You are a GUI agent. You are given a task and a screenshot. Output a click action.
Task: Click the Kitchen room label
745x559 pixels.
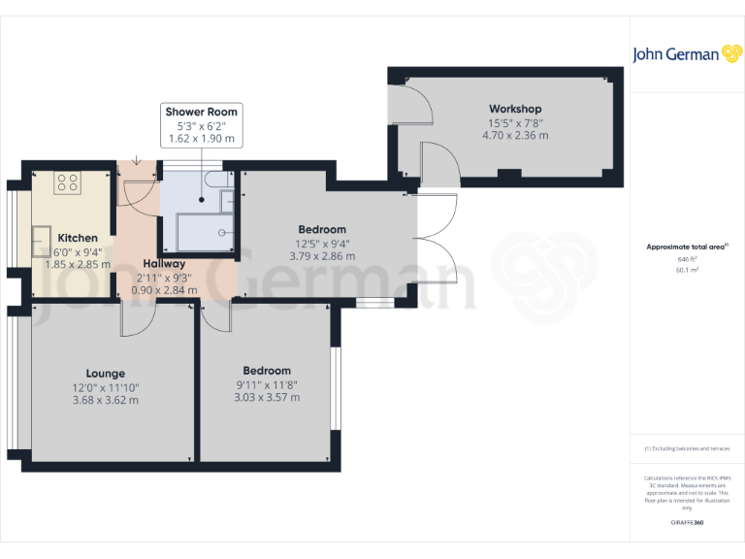[x=78, y=238]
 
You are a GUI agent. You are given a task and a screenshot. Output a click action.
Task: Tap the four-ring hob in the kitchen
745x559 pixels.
[x=68, y=181]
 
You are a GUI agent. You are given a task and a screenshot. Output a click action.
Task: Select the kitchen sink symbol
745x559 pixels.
[x=44, y=236]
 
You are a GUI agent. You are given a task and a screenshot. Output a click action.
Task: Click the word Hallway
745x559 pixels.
[x=164, y=263]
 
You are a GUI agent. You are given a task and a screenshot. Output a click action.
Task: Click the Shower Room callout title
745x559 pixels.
[x=201, y=112]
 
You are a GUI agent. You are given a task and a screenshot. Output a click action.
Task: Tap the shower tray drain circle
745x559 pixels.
[x=221, y=232]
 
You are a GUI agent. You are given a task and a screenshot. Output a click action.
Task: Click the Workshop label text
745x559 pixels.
[x=515, y=109]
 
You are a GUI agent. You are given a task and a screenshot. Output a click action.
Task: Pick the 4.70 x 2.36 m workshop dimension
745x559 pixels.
[x=515, y=135]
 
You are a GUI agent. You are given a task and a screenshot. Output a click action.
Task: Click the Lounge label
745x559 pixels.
[x=105, y=373]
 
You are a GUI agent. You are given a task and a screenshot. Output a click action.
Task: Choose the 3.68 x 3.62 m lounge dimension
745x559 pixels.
[x=105, y=399]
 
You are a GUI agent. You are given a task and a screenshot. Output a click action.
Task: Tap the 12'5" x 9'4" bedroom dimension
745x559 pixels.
[x=322, y=244]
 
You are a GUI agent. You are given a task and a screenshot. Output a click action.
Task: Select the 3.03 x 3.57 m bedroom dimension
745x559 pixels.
[x=267, y=397]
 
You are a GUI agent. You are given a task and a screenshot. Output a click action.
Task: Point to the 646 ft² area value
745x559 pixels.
[x=687, y=260]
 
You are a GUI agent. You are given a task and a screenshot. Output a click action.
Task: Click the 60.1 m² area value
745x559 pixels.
[x=687, y=271]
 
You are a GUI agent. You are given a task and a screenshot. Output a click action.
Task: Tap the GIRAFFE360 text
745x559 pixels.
[x=687, y=523]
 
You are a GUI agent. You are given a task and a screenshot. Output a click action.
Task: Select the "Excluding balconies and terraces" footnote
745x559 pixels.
[x=687, y=448]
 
